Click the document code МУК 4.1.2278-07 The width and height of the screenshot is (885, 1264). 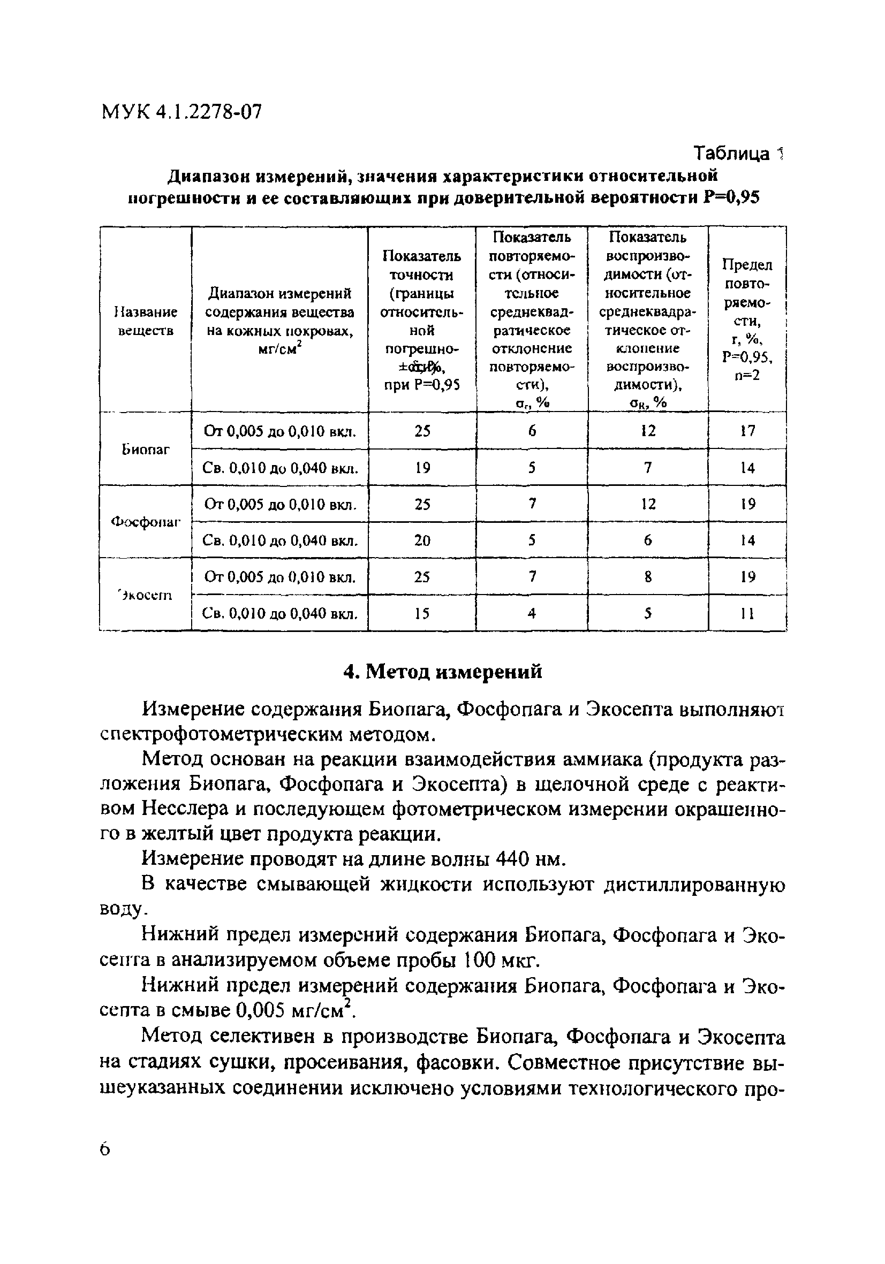181,112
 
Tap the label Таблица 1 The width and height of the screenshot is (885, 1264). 737,154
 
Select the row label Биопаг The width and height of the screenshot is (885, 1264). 146,449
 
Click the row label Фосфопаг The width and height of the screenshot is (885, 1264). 146,522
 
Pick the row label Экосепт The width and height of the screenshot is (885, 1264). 146,595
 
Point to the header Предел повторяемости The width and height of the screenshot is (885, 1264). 747,320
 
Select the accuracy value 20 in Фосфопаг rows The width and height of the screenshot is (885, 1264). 422,540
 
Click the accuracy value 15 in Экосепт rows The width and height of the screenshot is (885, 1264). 422,613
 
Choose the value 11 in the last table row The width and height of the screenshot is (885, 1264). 747,613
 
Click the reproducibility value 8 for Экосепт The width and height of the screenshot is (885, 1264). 648,577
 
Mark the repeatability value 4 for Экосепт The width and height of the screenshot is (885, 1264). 532,613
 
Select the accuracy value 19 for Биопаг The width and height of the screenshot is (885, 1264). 422,468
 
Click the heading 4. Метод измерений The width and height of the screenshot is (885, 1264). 442,672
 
